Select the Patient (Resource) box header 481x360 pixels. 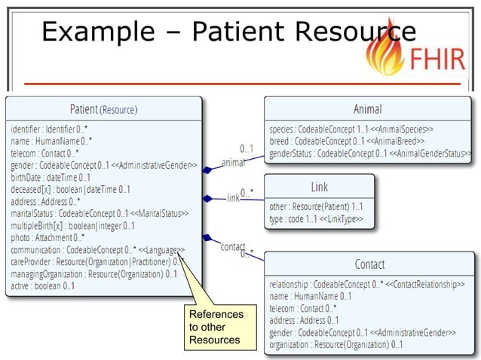(104, 108)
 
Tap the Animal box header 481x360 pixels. (368, 109)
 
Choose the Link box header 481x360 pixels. (319, 186)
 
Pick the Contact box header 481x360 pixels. (369, 264)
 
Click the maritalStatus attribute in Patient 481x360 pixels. (98, 213)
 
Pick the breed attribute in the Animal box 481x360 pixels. (347, 141)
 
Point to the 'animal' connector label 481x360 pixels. (234, 162)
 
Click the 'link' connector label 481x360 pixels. (233, 198)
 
